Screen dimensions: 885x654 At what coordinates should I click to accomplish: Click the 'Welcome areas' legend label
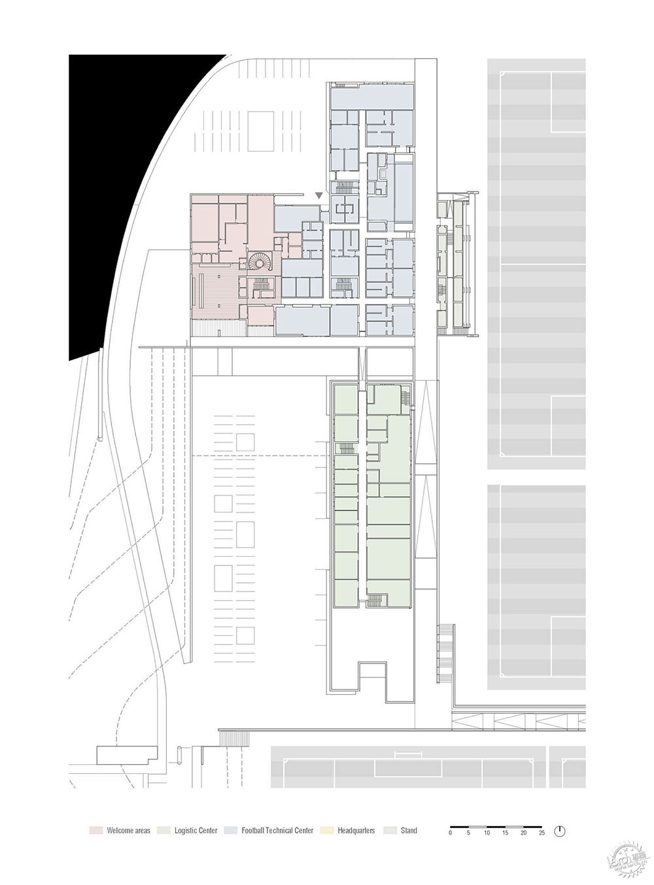pos(128,831)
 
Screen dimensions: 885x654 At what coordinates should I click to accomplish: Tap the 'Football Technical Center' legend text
pos(277,831)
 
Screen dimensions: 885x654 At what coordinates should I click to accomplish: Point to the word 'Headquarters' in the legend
pos(356,831)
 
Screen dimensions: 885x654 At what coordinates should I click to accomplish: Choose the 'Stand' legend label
pos(409,831)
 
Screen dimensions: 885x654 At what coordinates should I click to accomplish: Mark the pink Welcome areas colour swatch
pos(95,831)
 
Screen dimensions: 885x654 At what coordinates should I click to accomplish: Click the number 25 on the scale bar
pos(541,833)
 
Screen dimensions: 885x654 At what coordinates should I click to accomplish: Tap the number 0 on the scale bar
pos(450,833)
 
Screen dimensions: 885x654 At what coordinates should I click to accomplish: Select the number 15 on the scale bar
pos(504,833)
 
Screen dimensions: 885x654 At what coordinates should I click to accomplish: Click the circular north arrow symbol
pos(560,831)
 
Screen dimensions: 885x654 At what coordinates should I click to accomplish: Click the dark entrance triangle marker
pos(318,195)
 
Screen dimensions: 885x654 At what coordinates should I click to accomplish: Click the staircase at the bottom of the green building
pos(375,599)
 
